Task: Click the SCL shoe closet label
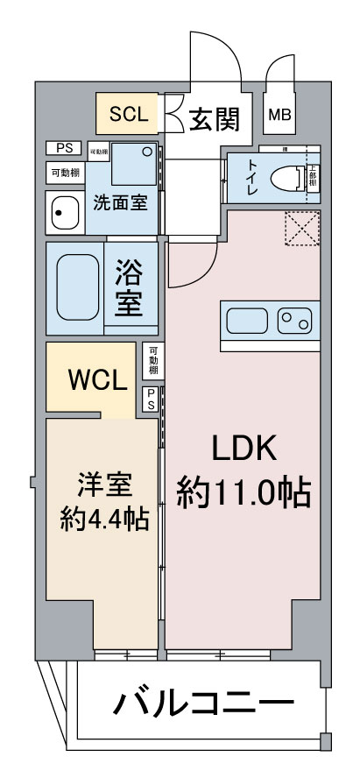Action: pos(127,114)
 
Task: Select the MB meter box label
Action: pos(279,115)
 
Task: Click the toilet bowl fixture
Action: pos(286,179)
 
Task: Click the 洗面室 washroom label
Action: pos(120,203)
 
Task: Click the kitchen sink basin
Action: pos(248,321)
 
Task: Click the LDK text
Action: pos(244,449)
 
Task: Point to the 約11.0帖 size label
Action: pos(244,493)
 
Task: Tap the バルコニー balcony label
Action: pos(202,704)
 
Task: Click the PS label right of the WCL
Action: pos(151,398)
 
